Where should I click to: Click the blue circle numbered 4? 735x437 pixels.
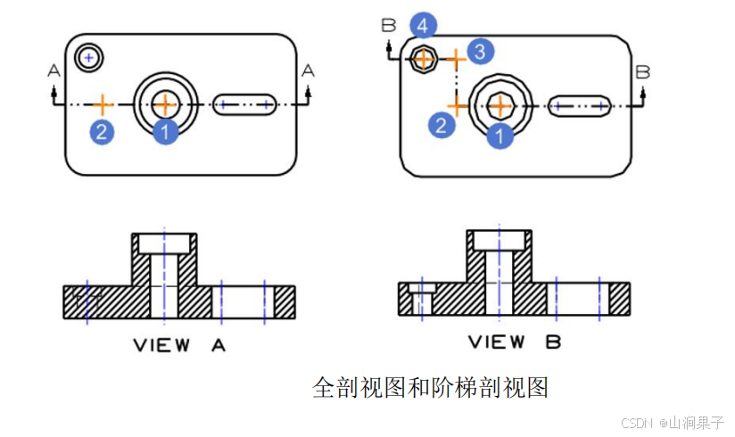(x=423, y=26)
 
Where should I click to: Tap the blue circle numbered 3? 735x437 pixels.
(x=479, y=51)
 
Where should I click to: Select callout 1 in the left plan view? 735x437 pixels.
(x=166, y=132)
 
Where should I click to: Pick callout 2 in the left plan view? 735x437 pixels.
(x=102, y=133)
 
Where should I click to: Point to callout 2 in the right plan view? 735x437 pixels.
(x=442, y=125)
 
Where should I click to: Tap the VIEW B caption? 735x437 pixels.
(x=515, y=342)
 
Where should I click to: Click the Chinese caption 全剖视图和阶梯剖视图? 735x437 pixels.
(x=430, y=387)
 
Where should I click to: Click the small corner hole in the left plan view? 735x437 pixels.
(x=87, y=58)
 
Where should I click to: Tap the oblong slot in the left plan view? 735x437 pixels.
(x=244, y=104)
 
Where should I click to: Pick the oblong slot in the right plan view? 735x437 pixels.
(x=579, y=106)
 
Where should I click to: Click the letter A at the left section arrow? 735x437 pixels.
(x=54, y=70)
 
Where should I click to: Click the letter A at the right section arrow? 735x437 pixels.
(x=309, y=70)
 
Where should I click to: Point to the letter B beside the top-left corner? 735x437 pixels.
(x=388, y=26)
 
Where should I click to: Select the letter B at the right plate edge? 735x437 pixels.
(x=642, y=71)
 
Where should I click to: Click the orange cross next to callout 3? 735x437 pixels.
(x=455, y=60)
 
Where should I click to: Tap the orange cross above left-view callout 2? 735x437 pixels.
(x=103, y=104)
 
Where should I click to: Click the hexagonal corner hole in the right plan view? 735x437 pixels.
(x=423, y=60)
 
